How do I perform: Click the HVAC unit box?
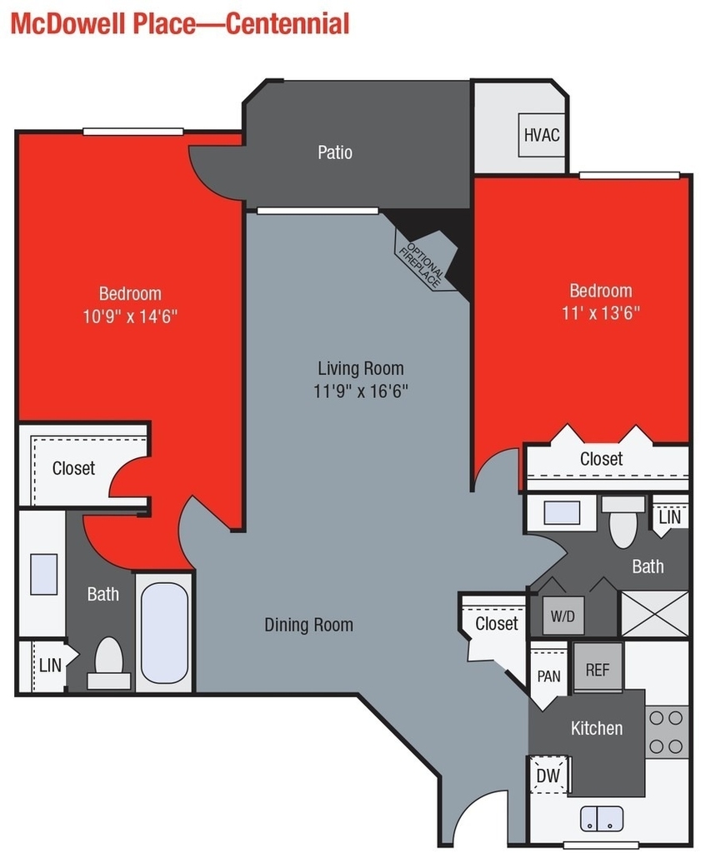(542, 135)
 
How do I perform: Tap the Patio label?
(335, 152)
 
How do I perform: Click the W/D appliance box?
(563, 616)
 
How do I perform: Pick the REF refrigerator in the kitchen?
(598, 668)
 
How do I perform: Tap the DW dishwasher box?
(548, 775)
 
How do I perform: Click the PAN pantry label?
(548, 676)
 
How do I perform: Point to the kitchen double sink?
(602, 819)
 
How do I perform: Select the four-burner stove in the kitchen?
(666, 731)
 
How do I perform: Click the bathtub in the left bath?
(164, 633)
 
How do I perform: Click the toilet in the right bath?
(623, 521)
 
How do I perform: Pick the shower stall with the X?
(654, 613)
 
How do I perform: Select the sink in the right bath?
(562, 512)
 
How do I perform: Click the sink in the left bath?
(44, 574)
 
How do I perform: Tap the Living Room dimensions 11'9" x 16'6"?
(361, 392)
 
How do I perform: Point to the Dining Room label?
(308, 625)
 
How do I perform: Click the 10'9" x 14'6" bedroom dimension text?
(130, 316)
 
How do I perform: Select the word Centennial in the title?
(288, 24)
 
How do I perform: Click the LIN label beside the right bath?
(669, 516)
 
